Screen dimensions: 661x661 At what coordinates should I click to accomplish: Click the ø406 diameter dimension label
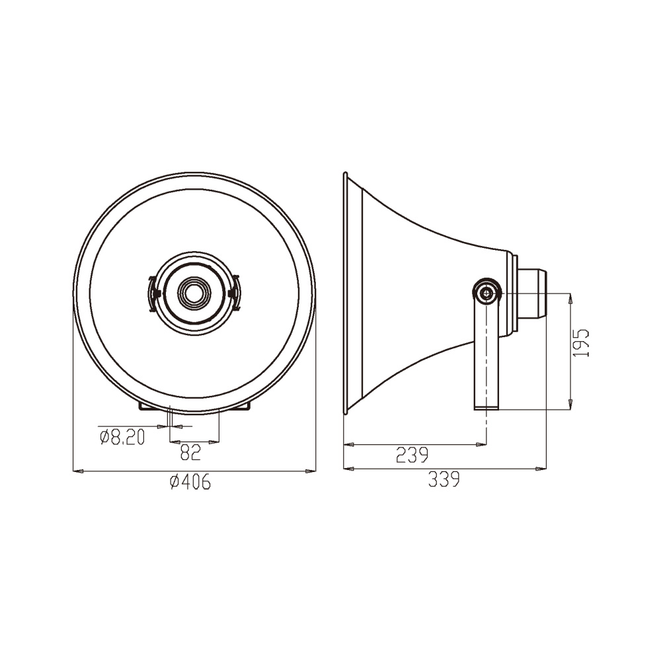(190, 482)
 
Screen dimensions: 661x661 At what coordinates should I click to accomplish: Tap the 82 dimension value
(190, 452)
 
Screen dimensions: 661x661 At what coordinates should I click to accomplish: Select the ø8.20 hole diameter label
(122, 437)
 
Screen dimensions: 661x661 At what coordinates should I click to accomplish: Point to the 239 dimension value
(412, 455)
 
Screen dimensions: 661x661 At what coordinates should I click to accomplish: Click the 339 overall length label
(444, 479)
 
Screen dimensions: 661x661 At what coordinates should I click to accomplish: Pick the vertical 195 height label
(581, 344)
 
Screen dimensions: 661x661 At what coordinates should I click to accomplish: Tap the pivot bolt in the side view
(487, 292)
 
